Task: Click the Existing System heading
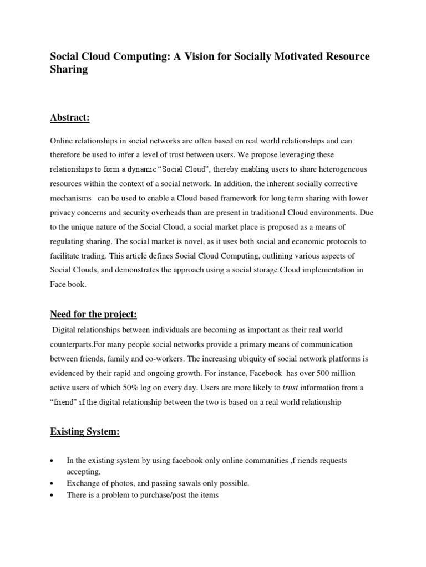(85, 431)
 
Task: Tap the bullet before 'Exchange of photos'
(52, 484)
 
